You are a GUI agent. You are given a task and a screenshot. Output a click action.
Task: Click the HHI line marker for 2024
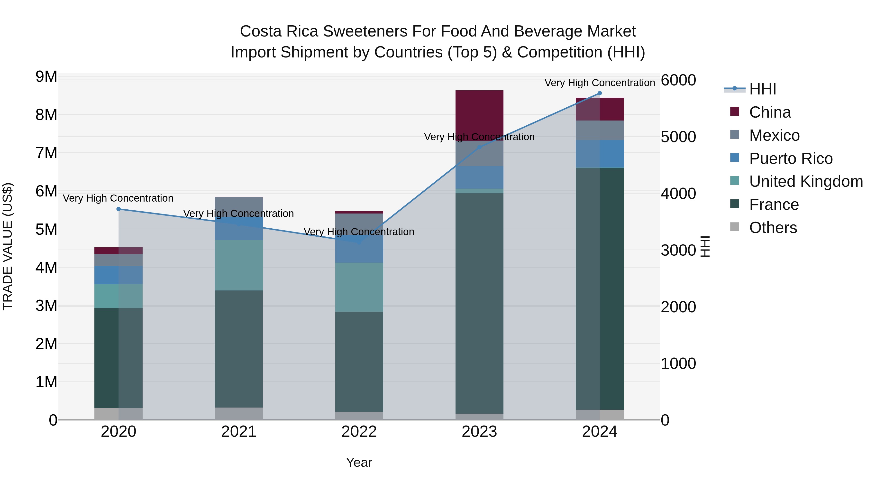[x=600, y=93]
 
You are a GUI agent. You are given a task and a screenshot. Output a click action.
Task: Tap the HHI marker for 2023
[x=479, y=147]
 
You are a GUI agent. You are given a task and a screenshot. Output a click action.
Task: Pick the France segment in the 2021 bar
[x=239, y=349]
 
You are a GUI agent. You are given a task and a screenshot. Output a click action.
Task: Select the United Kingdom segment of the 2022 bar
[x=359, y=287]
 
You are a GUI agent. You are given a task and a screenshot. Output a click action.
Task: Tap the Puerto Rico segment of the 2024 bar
[x=600, y=154]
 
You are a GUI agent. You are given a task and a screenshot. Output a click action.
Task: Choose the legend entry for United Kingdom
[x=806, y=181]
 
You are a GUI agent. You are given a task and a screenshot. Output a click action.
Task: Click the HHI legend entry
[x=763, y=89]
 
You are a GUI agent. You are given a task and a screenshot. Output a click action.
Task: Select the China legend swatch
[x=735, y=112]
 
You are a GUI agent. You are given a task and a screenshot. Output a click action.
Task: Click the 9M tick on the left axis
[x=46, y=77]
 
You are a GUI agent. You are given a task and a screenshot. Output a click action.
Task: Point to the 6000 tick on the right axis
[x=678, y=80]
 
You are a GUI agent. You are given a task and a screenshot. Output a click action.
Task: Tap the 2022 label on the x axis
[x=359, y=432]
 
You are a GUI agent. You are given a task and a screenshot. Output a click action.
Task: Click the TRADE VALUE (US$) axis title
[x=8, y=246]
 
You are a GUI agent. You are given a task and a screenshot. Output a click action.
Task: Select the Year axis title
[x=359, y=462]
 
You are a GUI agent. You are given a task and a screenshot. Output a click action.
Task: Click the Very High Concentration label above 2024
[x=600, y=83]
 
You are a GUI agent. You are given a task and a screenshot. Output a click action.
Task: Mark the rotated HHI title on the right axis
[x=705, y=246]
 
